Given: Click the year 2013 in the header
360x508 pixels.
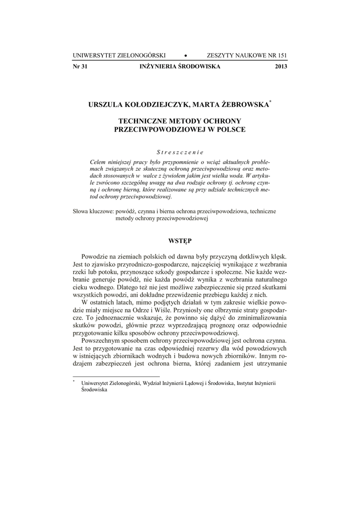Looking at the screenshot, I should pyautogui.click(x=281, y=66).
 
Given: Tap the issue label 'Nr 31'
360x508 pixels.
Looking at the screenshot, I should pyautogui.click(x=80, y=66).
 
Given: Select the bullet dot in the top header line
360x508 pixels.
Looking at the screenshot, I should pyautogui.click(x=185, y=56).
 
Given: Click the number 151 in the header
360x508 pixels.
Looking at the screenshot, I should pyautogui.click(x=282, y=56).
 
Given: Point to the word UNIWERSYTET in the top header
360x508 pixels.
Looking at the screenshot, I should pyautogui.click(x=96, y=56).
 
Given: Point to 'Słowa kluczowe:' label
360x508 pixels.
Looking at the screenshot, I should pyautogui.click(x=93, y=211).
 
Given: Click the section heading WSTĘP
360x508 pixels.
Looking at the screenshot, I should pyautogui.click(x=180, y=240).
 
